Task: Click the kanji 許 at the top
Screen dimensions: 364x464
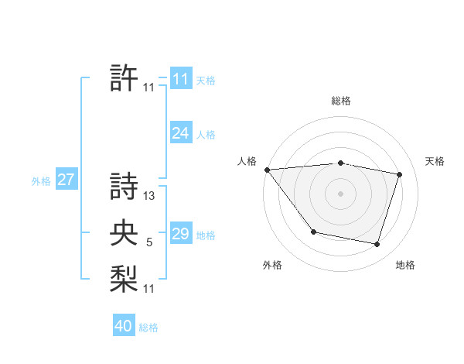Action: (124, 78)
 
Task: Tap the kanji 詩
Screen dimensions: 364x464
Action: (124, 186)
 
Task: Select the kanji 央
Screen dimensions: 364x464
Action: (124, 233)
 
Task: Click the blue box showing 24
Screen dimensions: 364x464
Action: (180, 133)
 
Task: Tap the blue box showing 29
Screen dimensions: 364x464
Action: (180, 234)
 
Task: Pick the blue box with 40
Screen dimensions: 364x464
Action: (124, 326)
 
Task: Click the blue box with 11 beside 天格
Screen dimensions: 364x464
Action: (180, 79)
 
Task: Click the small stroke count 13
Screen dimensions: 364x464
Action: (149, 196)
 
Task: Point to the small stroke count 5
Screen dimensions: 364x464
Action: (149, 243)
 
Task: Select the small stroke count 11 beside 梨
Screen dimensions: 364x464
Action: (149, 289)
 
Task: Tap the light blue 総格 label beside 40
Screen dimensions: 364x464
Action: (148, 328)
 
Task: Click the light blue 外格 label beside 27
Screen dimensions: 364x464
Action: (41, 181)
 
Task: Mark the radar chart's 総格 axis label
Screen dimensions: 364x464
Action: (341, 101)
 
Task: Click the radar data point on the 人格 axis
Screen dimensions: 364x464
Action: (267, 169)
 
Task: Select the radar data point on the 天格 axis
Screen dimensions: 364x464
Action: (400, 174)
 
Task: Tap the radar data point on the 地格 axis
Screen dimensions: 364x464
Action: (377, 244)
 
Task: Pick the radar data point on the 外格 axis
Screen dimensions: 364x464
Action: (313, 232)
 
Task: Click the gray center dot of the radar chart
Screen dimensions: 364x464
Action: (341, 194)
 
